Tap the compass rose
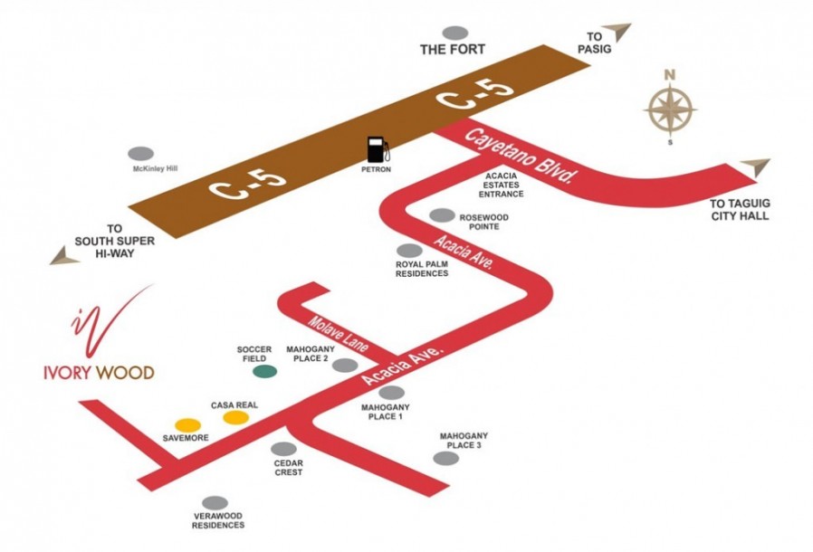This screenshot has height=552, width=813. tap(670, 109)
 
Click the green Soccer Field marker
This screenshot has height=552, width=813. tap(264, 371)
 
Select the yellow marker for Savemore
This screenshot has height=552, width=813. tap(187, 425)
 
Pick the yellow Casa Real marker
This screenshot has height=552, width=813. tap(236, 417)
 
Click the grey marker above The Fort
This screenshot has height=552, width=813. tap(455, 33)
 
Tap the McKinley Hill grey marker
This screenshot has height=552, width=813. tap(141, 154)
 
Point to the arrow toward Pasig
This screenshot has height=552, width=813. tap(617, 33)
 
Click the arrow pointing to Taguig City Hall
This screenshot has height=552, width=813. tap(757, 167)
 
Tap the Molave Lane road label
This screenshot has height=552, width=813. tap(338, 334)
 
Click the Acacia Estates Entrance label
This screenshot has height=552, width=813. tap(501, 185)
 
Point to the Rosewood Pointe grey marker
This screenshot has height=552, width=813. tap(443, 215)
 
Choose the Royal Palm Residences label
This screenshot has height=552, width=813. tap(422, 269)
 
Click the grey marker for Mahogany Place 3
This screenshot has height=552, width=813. tap(446, 458)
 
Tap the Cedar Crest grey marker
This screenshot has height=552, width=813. tap(284, 449)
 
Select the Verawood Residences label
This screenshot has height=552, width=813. tap(218, 520)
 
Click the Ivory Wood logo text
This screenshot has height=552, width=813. tap(99, 373)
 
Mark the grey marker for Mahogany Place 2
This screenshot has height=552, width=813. tap(345, 366)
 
